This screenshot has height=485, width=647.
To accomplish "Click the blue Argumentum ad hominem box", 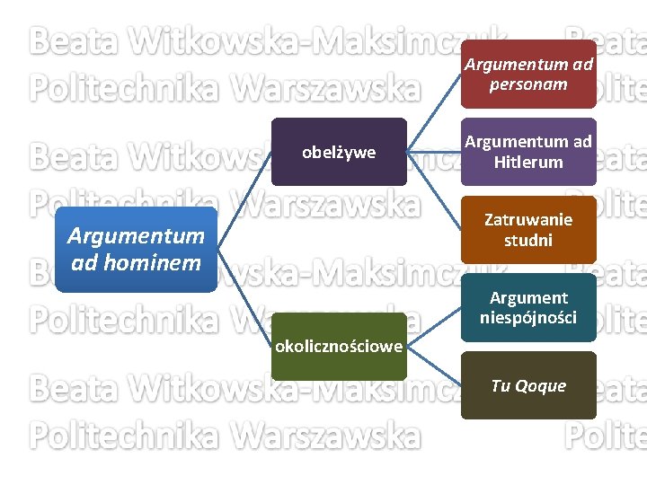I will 136,250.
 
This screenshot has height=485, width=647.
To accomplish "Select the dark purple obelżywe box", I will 339,152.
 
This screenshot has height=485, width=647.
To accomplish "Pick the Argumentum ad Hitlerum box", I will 528,152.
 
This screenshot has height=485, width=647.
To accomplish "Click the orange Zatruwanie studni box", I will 528,230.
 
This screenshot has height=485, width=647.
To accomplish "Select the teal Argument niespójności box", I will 528,308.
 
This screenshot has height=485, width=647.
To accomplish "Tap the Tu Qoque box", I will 528,385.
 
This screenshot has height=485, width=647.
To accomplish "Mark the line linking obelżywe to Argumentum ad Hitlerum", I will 434,152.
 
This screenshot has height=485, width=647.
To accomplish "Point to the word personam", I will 528,85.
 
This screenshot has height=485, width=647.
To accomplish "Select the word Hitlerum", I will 528,163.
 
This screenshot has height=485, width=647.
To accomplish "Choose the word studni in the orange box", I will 528,241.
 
